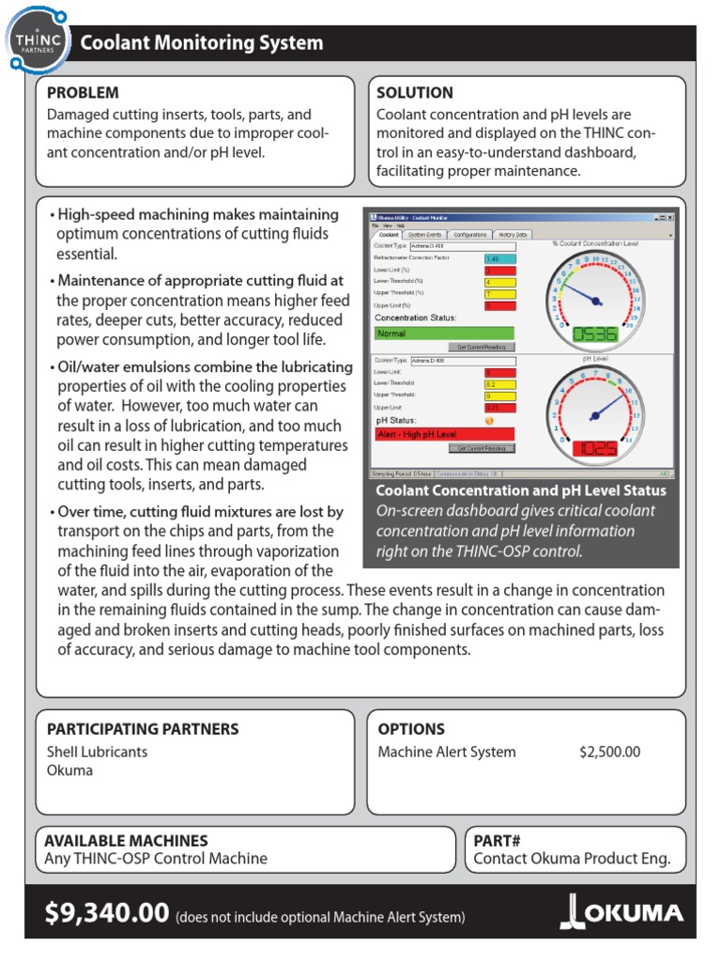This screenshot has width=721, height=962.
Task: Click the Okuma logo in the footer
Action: [621, 913]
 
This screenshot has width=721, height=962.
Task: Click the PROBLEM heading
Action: [84, 93]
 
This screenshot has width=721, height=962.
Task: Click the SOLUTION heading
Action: [414, 93]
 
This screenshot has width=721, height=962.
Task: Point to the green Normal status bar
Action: [444, 333]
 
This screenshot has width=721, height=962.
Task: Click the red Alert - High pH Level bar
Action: [444, 434]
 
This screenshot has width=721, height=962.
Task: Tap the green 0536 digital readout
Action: [595, 334]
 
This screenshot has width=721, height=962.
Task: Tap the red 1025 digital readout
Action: [595, 448]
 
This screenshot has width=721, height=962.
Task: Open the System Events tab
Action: [425, 234]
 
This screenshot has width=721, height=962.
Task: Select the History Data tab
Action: [513, 234]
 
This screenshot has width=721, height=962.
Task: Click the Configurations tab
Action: [468, 234]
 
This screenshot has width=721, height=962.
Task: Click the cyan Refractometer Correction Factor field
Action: [499, 257]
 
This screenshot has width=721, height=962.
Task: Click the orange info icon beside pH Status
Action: [489, 420]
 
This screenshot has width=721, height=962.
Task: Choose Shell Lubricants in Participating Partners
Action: [98, 752]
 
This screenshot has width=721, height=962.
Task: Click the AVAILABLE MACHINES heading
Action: [127, 841]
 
